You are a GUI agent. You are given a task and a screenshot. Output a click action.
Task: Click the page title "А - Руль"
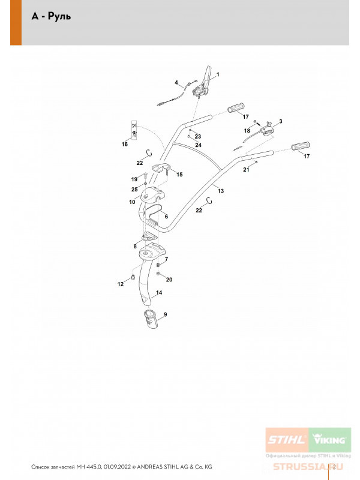[52, 16]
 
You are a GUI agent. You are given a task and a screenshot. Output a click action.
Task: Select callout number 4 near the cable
[176, 82]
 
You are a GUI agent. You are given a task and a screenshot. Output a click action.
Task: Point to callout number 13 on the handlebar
[221, 191]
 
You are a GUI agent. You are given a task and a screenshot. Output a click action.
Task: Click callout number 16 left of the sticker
[125, 145]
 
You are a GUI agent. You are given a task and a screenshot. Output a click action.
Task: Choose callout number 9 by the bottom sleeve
[165, 314]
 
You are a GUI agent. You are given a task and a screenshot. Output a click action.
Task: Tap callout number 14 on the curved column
[158, 293]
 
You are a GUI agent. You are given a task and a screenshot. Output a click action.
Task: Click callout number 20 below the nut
[169, 279]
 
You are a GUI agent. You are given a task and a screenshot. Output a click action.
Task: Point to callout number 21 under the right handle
[245, 170]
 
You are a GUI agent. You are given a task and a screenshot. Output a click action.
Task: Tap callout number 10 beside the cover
[132, 203]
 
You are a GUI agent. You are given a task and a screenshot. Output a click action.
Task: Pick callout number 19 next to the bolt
[134, 179]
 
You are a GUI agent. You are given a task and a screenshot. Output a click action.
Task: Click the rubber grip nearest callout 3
[238, 108]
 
